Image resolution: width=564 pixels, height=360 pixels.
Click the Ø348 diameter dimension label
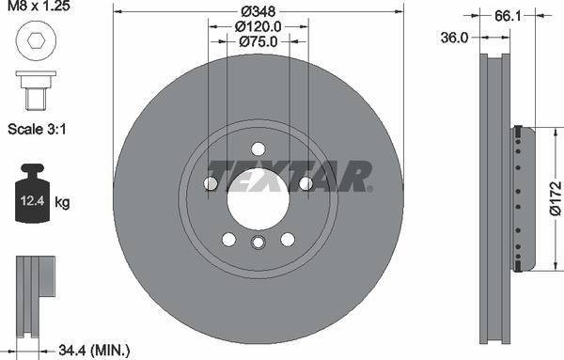[x=258, y=10]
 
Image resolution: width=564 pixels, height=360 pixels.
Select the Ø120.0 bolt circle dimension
[x=258, y=26]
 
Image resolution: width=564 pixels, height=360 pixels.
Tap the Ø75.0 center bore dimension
[x=258, y=41]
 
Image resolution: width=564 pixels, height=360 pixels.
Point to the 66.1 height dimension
[x=507, y=16]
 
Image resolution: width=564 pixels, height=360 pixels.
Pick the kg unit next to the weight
[x=63, y=201]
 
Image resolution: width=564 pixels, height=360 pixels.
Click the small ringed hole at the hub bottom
[x=258, y=243]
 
